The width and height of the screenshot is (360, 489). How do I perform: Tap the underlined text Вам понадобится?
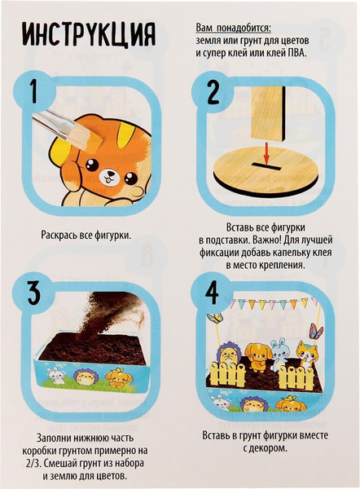(234, 28)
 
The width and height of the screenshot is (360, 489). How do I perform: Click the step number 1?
(33, 91)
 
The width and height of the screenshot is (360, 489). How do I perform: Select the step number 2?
(213, 91)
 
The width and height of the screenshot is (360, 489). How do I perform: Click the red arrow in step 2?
(266, 153)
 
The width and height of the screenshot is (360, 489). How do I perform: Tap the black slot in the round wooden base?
(265, 166)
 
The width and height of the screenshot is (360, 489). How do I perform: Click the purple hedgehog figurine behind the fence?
(230, 355)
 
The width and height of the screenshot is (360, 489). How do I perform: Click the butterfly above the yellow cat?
(316, 331)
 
